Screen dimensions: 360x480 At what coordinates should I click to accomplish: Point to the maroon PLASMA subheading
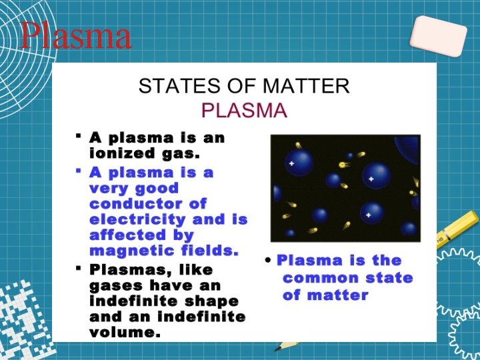point(244,109)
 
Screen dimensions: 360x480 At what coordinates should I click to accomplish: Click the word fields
point(207,251)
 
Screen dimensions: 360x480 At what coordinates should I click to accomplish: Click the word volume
point(125,332)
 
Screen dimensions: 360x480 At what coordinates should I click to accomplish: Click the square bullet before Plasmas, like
point(79,268)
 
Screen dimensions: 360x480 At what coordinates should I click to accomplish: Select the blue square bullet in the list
point(79,171)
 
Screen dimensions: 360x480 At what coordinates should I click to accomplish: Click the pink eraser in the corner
point(438,36)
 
